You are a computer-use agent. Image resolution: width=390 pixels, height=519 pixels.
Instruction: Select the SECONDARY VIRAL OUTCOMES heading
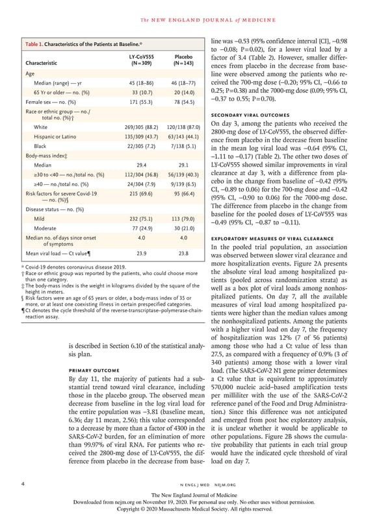[x=247, y=114]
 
